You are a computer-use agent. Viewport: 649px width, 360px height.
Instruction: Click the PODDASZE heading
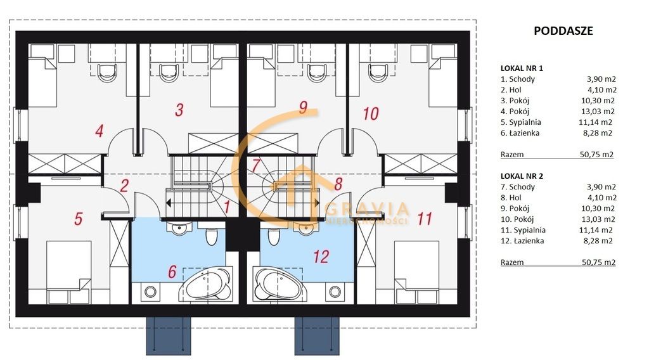tap(563, 30)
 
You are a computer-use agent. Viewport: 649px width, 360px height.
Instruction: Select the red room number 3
tap(179, 110)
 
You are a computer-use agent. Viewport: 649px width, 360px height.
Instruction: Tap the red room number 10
tap(370, 113)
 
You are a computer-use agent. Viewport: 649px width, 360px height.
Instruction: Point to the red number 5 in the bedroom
tap(78, 219)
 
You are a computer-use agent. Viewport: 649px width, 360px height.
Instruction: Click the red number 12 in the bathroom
tap(321, 257)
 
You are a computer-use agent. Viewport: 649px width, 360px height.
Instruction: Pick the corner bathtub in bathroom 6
tap(206, 284)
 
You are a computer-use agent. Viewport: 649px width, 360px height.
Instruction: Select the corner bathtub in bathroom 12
tap(279, 284)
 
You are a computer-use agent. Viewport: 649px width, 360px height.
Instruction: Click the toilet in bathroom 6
tap(211, 236)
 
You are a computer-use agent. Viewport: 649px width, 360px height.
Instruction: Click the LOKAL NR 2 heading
tap(522, 176)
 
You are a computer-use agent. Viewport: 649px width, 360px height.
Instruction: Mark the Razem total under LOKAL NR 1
tap(512, 155)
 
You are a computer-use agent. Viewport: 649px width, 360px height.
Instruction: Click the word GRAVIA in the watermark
tap(367, 209)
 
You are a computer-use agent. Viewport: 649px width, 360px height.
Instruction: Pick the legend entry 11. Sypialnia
tap(523, 230)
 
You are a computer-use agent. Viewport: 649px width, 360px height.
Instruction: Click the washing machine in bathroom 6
tap(150, 292)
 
